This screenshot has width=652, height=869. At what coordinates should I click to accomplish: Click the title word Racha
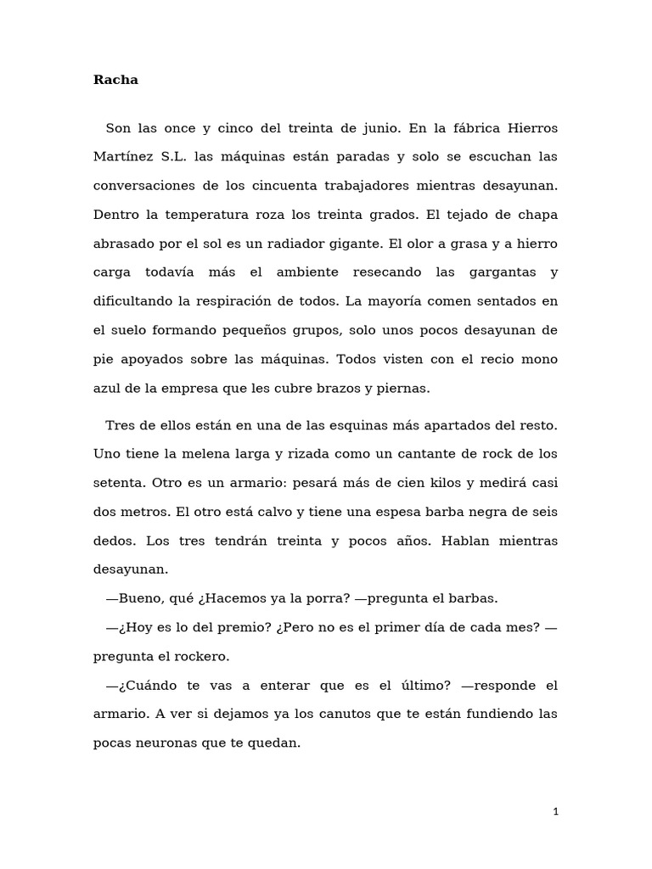coord(115,81)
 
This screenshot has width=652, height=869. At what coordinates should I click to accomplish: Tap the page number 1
coord(555,811)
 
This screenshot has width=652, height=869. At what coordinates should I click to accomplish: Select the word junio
coord(374,128)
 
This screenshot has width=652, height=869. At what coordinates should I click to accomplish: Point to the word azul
coord(107,388)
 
